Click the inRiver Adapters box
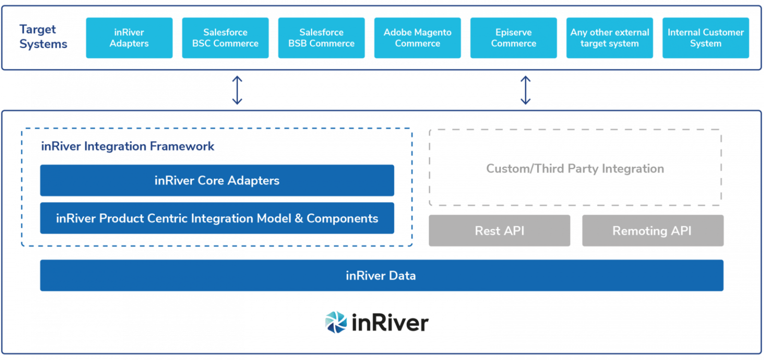(129, 38)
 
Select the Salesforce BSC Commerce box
(225, 38)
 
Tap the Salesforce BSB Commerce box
(321, 38)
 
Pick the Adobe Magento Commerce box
(417, 38)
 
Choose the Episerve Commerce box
(513, 38)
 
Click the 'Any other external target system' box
(609, 38)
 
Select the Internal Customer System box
(705, 38)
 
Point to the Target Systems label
(43, 36)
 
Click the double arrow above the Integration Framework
(237, 90)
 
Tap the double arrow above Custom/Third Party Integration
(526, 90)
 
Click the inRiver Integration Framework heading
(128, 146)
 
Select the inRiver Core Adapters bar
(217, 180)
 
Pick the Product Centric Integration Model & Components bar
(217, 218)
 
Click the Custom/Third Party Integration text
(575, 169)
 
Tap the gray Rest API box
(499, 231)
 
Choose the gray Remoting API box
(653, 231)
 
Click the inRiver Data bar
(382, 275)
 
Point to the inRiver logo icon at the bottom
(336, 322)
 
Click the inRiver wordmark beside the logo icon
(390, 323)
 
